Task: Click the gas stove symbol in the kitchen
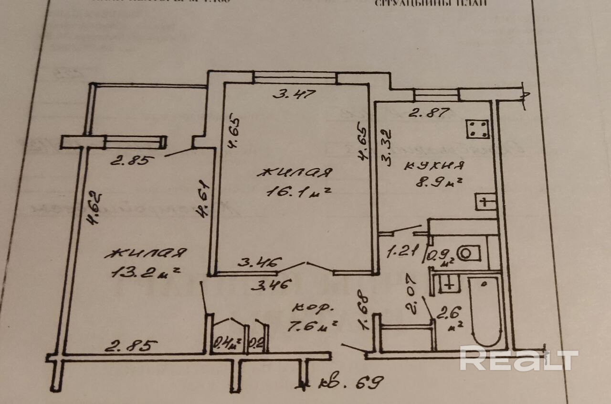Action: point(478,128)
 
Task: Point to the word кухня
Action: point(434,166)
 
